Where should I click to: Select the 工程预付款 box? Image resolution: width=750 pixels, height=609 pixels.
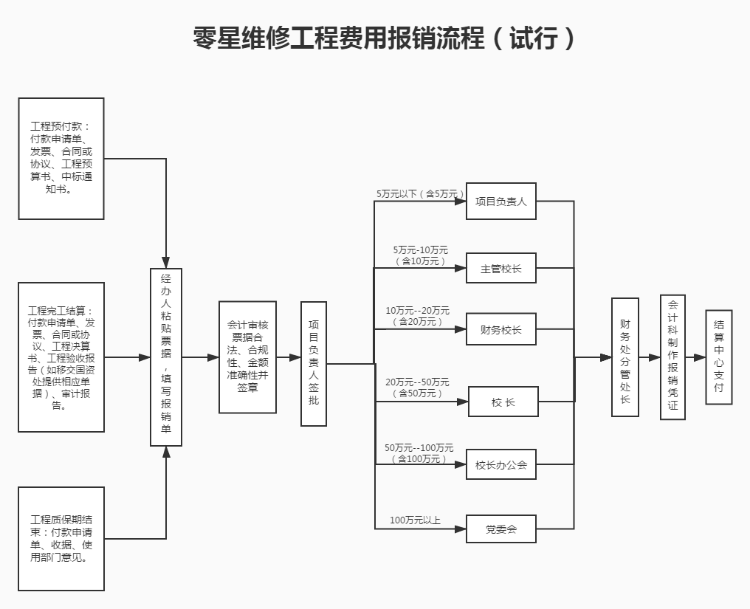pyautogui.click(x=61, y=159)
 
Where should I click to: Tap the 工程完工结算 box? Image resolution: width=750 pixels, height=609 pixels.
pyautogui.click(x=61, y=357)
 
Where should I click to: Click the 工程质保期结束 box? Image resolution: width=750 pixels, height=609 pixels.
pyautogui.click(x=61, y=538)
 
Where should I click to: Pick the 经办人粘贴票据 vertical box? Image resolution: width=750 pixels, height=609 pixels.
pyautogui.click(x=166, y=357)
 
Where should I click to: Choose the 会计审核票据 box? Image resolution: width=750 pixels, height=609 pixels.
pyautogui.click(x=247, y=357)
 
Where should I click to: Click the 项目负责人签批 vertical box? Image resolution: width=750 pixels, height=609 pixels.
pyautogui.click(x=314, y=363)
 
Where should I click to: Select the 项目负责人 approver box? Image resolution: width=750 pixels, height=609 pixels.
pyautogui.click(x=501, y=201)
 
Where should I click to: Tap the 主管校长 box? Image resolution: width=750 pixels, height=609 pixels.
pyautogui.click(x=501, y=268)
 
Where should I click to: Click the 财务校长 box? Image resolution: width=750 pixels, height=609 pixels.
pyautogui.click(x=501, y=329)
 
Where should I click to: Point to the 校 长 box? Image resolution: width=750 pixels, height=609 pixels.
pyautogui.click(x=503, y=402)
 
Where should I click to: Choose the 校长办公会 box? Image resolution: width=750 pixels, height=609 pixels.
pyautogui.click(x=501, y=464)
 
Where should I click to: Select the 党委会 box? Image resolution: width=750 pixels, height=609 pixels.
pyautogui.click(x=501, y=529)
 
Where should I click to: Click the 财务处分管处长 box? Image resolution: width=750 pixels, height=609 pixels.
pyautogui.click(x=625, y=357)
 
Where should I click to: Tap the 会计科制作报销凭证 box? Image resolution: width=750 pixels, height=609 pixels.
pyautogui.click(x=672, y=357)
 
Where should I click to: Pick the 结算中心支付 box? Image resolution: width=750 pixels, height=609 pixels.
pyautogui.click(x=719, y=357)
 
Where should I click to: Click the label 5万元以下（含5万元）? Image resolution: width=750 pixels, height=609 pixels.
pyautogui.click(x=421, y=194)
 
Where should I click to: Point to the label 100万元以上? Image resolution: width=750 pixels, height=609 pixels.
pyautogui.click(x=415, y=520)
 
